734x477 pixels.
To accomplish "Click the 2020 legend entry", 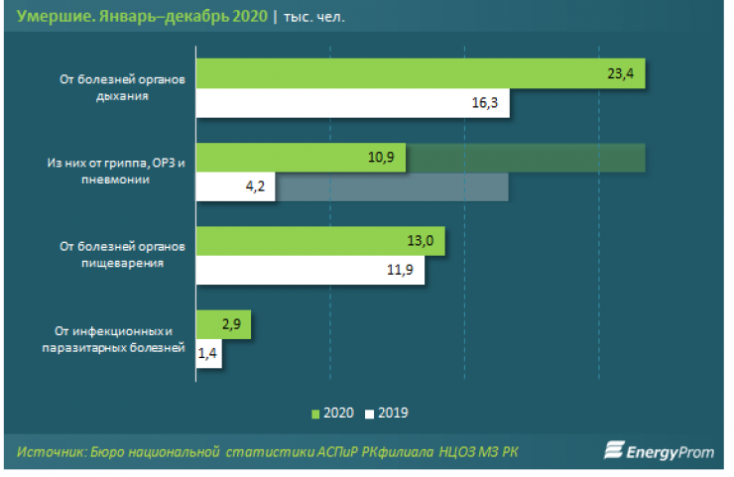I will tap(332, 413).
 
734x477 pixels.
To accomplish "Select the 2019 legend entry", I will tap(387, 413).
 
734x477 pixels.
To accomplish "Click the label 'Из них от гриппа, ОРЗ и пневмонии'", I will tap(116, 172).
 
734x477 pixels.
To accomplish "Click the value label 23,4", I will tap(622, 74).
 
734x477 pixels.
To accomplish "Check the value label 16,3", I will tap(486, 102).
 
